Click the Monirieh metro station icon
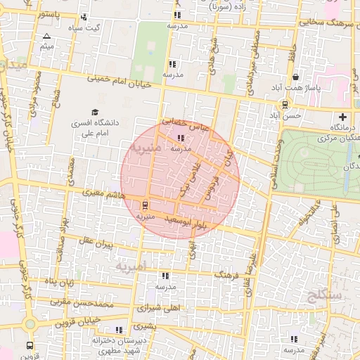pyautogui.click(x=146, y=205)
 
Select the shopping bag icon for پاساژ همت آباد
pyautogui.click(x=295, y=77)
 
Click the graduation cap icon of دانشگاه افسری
pyautogui.click(x=95, y=112)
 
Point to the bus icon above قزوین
pyautogui.click(x=29, y=346)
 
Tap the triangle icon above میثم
pyautogui.click(x=46, y=36)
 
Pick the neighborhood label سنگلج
pyautogui.click(x=324, y=295)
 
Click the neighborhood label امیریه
pyautogui.click(x=131, y=267)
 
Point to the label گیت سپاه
pyautogui.click(x=83, y=28)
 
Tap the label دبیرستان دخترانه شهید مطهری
pyautogui.click(x=117, y=345)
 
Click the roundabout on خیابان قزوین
pyautogui.click(x=30, y=324)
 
